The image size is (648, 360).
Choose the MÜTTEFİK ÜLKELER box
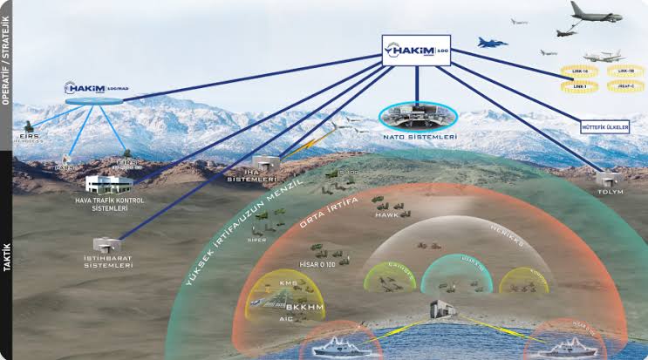(x=604, y=126)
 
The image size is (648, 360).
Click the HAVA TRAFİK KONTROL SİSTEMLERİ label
(x=110, y=204)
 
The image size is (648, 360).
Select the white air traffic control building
(x=109, y=184)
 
